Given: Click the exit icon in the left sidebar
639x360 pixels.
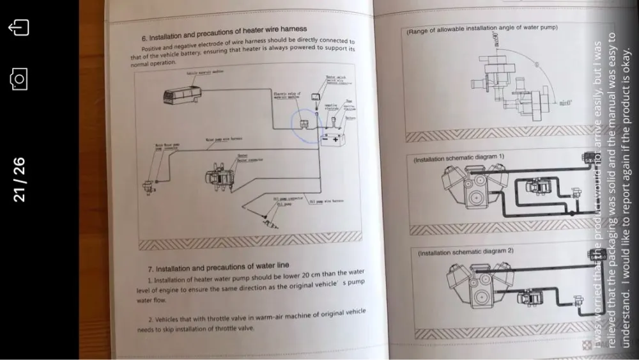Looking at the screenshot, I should [19, 29].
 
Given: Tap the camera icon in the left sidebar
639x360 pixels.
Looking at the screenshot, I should [19, 79].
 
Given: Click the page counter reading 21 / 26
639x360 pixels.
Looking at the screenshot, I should [19, 180].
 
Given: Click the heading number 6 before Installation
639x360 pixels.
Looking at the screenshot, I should [144, 37].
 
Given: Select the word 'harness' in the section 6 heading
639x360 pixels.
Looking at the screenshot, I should [293, 29].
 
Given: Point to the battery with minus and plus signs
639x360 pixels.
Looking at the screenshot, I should [332, 139].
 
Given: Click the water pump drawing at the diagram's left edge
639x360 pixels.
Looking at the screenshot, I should [149, 185].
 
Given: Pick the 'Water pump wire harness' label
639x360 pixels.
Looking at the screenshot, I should [223, 138].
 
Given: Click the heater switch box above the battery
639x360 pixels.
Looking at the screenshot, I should [316, 97].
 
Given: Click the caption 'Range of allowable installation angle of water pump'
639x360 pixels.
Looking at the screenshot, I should [482, 29].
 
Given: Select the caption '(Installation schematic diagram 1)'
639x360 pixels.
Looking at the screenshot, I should [459, 157].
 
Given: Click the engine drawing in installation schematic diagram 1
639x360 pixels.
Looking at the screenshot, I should [475, 189].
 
